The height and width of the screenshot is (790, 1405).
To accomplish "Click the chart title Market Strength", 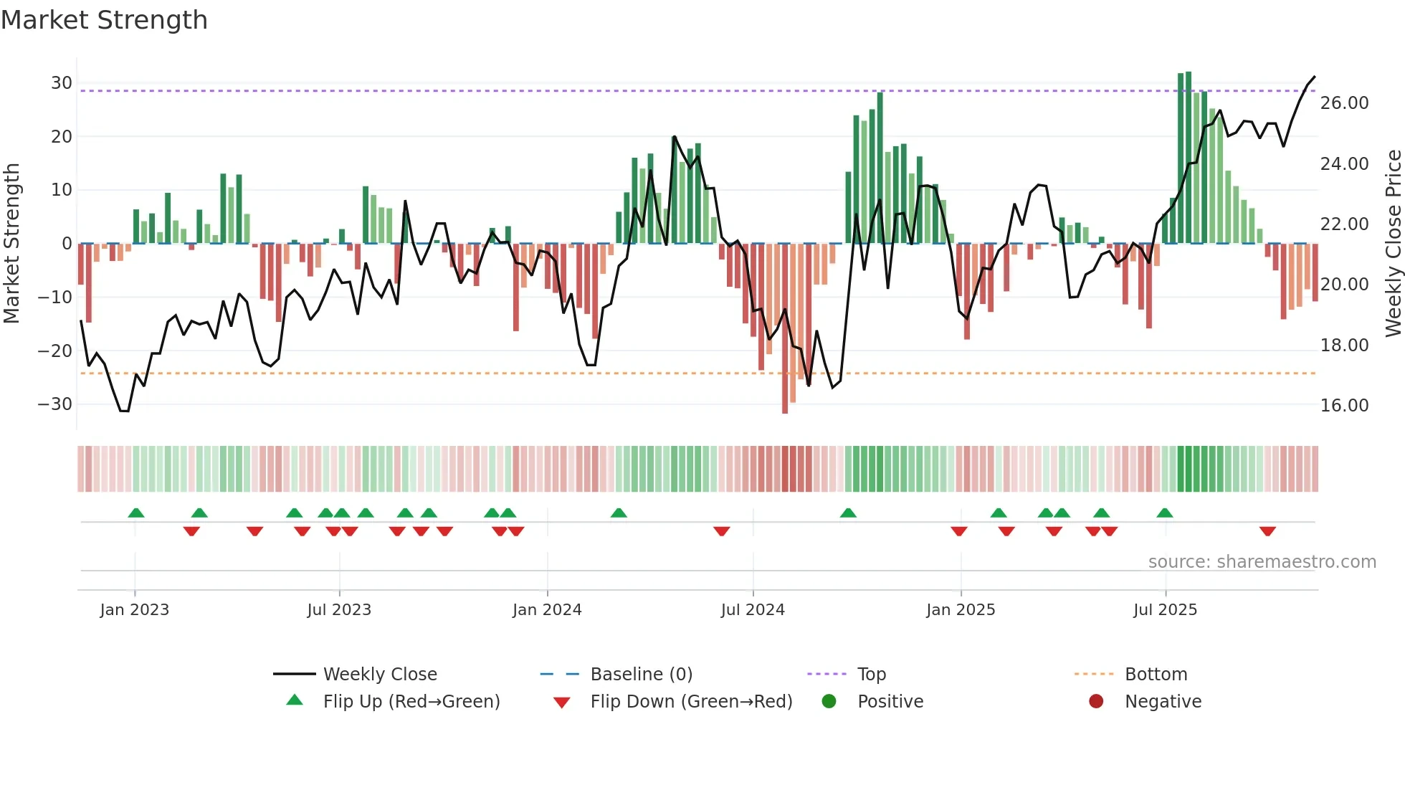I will click(x=105, y=20).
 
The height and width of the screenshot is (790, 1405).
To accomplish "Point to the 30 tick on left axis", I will click(x=61, y=83).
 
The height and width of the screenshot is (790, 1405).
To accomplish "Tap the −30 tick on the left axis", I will click(x=55, y=404).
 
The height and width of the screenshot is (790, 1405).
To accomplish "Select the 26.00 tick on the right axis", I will click(x=1344, y=103).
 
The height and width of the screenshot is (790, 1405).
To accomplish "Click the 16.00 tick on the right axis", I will click(x=1344, y=406).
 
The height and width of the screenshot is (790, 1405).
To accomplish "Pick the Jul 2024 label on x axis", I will click(x=753, y=610).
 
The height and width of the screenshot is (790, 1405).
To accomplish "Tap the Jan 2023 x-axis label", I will click(x=135, y=610).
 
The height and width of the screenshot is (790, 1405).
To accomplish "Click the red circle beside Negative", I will click(x=1096, y=702).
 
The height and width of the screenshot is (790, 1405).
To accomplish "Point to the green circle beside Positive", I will click(x=829, y=702).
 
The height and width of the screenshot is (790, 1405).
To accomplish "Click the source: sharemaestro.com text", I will click(x=1262, y=562).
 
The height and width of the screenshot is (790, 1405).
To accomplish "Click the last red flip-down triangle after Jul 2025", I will click(x=1267, y=531).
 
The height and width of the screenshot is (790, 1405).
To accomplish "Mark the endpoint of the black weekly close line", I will click(x=1315, y=77).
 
